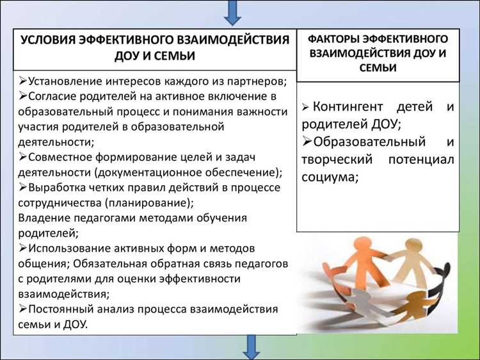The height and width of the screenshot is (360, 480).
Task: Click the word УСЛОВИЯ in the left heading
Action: (52, 40)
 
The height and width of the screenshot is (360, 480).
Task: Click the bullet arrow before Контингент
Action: (305, 108)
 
